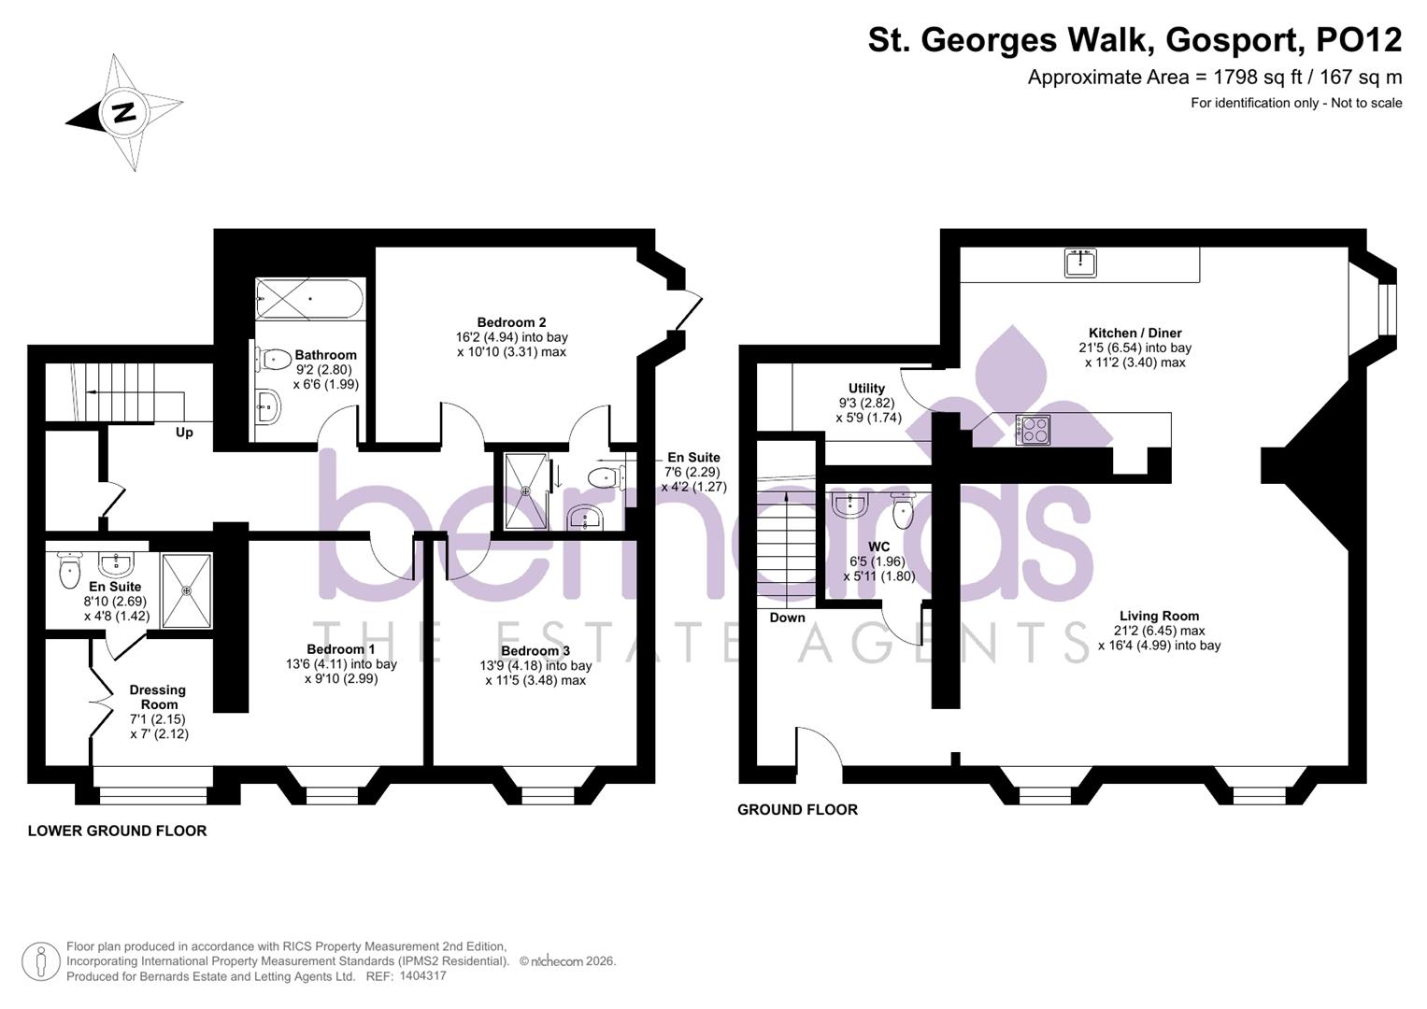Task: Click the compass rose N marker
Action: click(123, 113)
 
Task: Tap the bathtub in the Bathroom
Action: click(308, 299)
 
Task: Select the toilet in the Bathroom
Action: click(273, 358)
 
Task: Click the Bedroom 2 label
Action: click(506, 322)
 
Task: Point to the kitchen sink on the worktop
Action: click(1080, 263)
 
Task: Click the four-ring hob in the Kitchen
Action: click(1033, 430)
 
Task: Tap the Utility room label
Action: click(866, 389)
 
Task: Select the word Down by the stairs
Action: click(787, 618)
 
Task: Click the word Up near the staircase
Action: click(184, 433)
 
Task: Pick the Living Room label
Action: click(1159, 616)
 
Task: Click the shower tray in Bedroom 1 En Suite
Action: click(187, 590)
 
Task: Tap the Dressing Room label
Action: click(158, 697)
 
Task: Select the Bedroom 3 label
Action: click(535, 650)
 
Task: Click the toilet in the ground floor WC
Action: click(903, 510)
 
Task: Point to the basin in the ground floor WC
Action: click(849, 505)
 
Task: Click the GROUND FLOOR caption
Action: click(797, 810)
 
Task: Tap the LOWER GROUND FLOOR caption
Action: click(117, 831)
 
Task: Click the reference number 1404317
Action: click(422, 976)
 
